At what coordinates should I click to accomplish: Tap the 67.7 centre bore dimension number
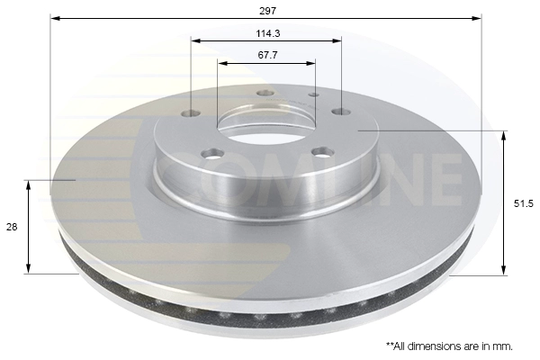pyautogui.click(x=265, y=55)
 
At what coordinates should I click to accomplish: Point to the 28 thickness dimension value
pyautogui.click(x=12, y=228)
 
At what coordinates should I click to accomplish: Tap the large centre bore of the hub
pyautogui.click(x=266, y=122)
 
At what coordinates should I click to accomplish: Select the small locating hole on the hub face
pyautogui.click(x=313, y=94)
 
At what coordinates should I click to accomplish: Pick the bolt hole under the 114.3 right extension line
pyautogui.click(x=340, y=112)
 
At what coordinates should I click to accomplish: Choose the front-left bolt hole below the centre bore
pyautogui.click(x=212, y=154)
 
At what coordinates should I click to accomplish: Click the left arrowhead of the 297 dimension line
pyautogui.click(x=54, y=18)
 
